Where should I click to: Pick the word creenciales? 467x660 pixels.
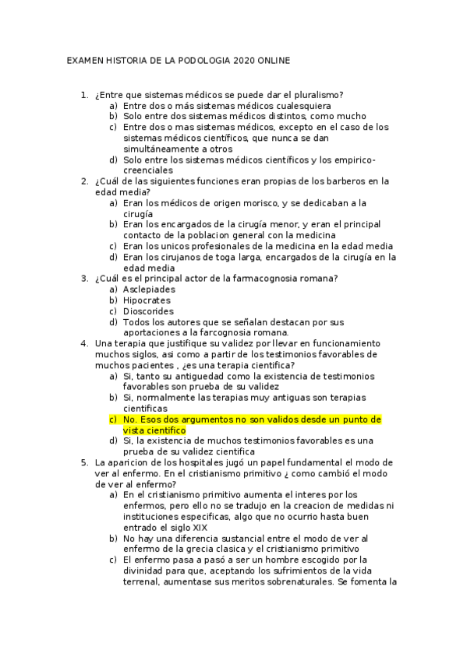point(148,170)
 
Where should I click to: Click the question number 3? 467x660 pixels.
point(84,279)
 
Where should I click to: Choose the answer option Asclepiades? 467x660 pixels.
point(149,290)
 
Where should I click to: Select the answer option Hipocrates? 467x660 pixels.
point(147,300)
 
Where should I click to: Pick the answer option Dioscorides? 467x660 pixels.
point(149,311)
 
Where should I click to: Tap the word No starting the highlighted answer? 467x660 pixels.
point(129,419)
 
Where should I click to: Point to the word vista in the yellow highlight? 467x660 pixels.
point(134,430)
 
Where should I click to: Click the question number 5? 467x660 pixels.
point(84,462)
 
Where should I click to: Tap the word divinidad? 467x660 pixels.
point(147,570)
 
